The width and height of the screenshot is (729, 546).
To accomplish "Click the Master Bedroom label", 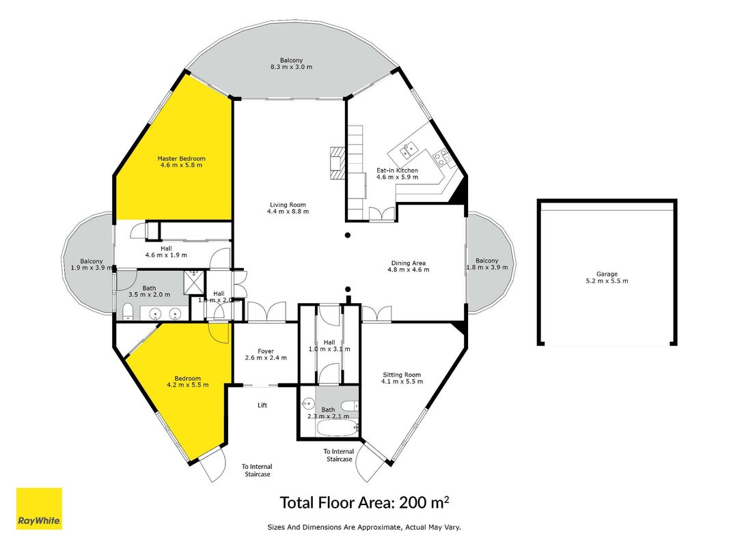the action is pos(181,158).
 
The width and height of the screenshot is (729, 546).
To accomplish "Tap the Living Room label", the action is pos(288,205).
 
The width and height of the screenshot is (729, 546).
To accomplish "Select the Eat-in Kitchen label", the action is pos(397,171).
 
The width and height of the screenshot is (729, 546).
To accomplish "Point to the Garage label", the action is pos(607,274).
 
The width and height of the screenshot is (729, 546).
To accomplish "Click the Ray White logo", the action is pos(39,508).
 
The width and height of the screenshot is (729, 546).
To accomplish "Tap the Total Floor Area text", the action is pos(364,502).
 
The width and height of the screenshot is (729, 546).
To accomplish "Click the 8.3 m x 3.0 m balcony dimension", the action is pos(292,67).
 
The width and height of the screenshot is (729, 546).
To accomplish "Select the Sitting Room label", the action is pos(402,375).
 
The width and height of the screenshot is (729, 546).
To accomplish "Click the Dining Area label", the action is pos(408,263).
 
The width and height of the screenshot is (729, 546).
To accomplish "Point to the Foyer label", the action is pos(266,351).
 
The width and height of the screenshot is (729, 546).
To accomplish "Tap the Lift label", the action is pos(262,405).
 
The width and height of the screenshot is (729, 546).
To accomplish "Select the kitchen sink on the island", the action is pos(409,149).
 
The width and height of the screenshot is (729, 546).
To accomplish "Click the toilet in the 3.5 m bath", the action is pos(128,312).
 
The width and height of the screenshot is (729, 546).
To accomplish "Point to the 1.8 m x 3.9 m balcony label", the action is pos(486,264).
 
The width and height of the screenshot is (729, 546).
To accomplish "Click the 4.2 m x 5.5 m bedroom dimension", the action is pos(188,385).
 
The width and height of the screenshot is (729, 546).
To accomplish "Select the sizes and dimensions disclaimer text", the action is pos(364,527).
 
